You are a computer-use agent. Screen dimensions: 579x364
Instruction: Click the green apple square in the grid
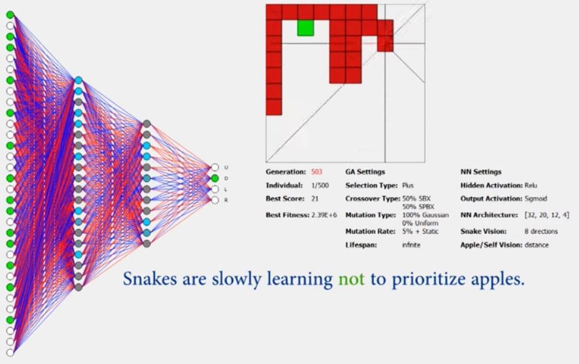click(306, 28)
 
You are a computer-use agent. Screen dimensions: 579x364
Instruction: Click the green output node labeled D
click(215, 179)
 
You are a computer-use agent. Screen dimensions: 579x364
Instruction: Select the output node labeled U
click(215, 167)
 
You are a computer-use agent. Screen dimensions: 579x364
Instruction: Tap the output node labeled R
click(215, 200)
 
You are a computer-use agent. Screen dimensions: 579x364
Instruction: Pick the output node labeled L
click(215, 189)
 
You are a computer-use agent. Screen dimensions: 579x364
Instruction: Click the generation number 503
click(316, 172)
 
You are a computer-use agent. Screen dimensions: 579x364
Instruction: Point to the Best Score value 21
click(314, 198)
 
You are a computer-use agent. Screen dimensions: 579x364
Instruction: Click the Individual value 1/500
click(320, 185)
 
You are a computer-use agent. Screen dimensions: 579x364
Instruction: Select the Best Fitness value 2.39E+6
click(324, 215)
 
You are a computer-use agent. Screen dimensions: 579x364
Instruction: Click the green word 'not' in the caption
click(351, 279)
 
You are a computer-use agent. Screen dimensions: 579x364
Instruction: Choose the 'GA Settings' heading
click(365, 172)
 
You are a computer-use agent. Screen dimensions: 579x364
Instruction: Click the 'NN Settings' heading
click(481, 172)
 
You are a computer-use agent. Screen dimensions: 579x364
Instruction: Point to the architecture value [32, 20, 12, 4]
click(547, 215)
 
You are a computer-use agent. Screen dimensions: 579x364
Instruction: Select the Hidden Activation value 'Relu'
click(530, 185)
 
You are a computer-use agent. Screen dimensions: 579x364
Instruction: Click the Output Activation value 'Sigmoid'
click(535, 198)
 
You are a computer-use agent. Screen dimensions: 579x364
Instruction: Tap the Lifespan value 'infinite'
click(411, 245)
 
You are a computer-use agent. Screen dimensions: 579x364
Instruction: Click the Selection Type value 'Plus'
click(408, 185)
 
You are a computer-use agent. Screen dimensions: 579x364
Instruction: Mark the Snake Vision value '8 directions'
click(541, 231)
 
